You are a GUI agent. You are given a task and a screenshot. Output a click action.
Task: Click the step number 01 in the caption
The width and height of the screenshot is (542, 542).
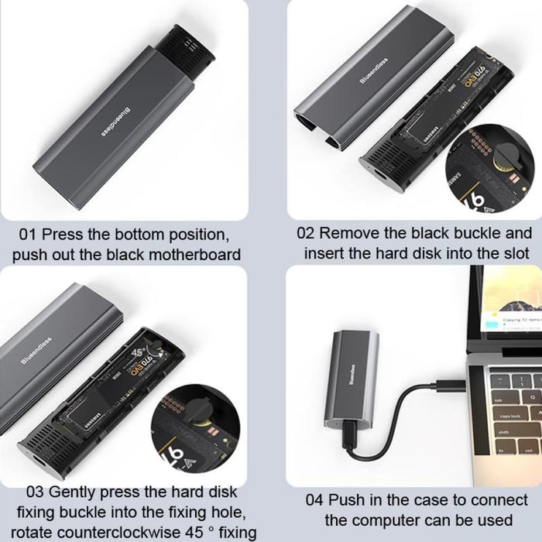[28, 233]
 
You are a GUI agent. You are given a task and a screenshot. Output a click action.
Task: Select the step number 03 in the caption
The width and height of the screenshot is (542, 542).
[36, 492]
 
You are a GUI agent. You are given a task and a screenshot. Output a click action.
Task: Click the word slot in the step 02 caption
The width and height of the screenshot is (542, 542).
[515, 253]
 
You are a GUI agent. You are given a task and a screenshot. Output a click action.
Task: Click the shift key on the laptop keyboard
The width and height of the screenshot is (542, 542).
[505, 432]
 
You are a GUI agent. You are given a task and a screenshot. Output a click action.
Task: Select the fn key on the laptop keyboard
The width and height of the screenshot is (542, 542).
[502, 450]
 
